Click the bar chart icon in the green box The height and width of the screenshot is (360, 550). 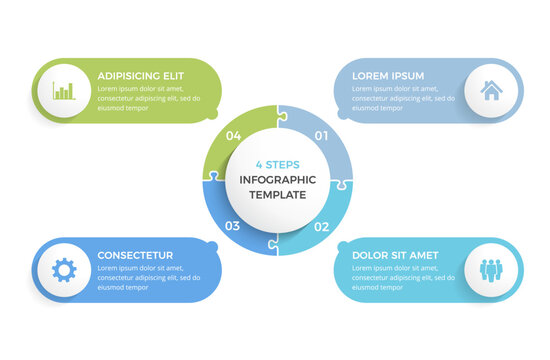pyautogui.click(x=63, y=92)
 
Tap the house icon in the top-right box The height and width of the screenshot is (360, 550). pyautogui.click(x=491, y=92)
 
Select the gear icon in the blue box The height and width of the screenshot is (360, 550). pyautogui.click(x=63, y=269)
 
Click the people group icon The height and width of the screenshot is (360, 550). pyautogui.click(x=491, y=269)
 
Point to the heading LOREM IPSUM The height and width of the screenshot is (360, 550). pyautogui.click(x=388, y=75)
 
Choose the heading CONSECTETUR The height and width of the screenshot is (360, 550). pyautogui.click(x=135, y=255)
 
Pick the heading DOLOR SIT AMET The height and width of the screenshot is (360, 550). pyautogui.click(x=395, y=255)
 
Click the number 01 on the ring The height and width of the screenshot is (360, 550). pyautogui.click(x=322, y=135)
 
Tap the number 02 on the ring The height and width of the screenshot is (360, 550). pyautogui.click(x=322, y=226)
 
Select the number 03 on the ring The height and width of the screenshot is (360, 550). pyautogui.click(x=232, y=226)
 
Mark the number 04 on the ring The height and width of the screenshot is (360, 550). pyautogui.click(x=233, y=135)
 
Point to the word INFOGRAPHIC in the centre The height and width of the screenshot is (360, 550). pyautogui.click(x=277, y=180)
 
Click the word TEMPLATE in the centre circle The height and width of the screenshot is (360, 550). pyautogui.click(x=277, y=194)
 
